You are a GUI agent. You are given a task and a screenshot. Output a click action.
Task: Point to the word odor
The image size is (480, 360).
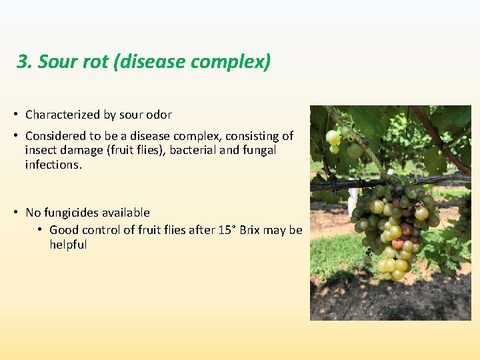158,115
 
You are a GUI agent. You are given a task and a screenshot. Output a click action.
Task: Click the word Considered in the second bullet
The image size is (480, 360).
55,136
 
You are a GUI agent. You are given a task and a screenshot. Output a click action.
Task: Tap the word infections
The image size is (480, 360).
53,165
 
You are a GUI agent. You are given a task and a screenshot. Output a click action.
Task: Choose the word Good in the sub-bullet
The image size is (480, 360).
64,230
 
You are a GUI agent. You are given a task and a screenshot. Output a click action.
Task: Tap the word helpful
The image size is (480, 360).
68,245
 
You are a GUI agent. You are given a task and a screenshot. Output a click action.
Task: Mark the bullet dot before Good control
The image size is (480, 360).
41,230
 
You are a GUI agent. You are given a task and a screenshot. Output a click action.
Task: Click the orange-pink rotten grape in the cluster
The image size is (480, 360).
398,243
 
